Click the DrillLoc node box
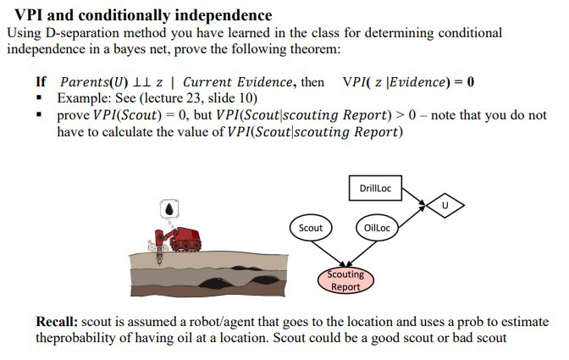click(374, 188)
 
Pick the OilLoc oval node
click(376, 228)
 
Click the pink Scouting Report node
click(345, 280)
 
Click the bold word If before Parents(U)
click(41, 82)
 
